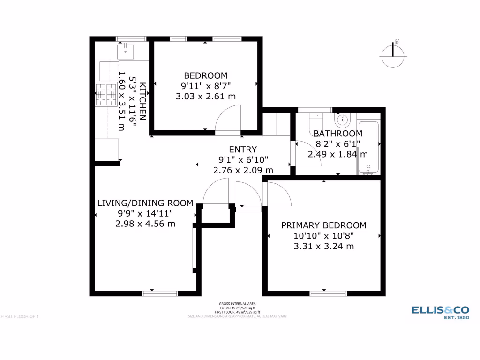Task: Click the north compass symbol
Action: (x=394, y=55)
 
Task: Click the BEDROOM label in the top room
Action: (x=205, y=75)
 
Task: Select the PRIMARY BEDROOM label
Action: (x=323, y=225)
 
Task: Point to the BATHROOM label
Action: (x=337, y=134)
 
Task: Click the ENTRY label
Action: (x=243, y=150)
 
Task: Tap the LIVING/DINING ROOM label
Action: (x=145, y=203)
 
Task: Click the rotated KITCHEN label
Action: (x=143, y=101)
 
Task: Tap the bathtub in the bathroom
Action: (x=368, y=148)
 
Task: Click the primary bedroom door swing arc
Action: (x=278, y=195)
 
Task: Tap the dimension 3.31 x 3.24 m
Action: (x=323, y=246)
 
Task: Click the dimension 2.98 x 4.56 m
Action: (x=145, y=224)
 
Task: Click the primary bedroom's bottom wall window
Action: (x=328, y=293)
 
